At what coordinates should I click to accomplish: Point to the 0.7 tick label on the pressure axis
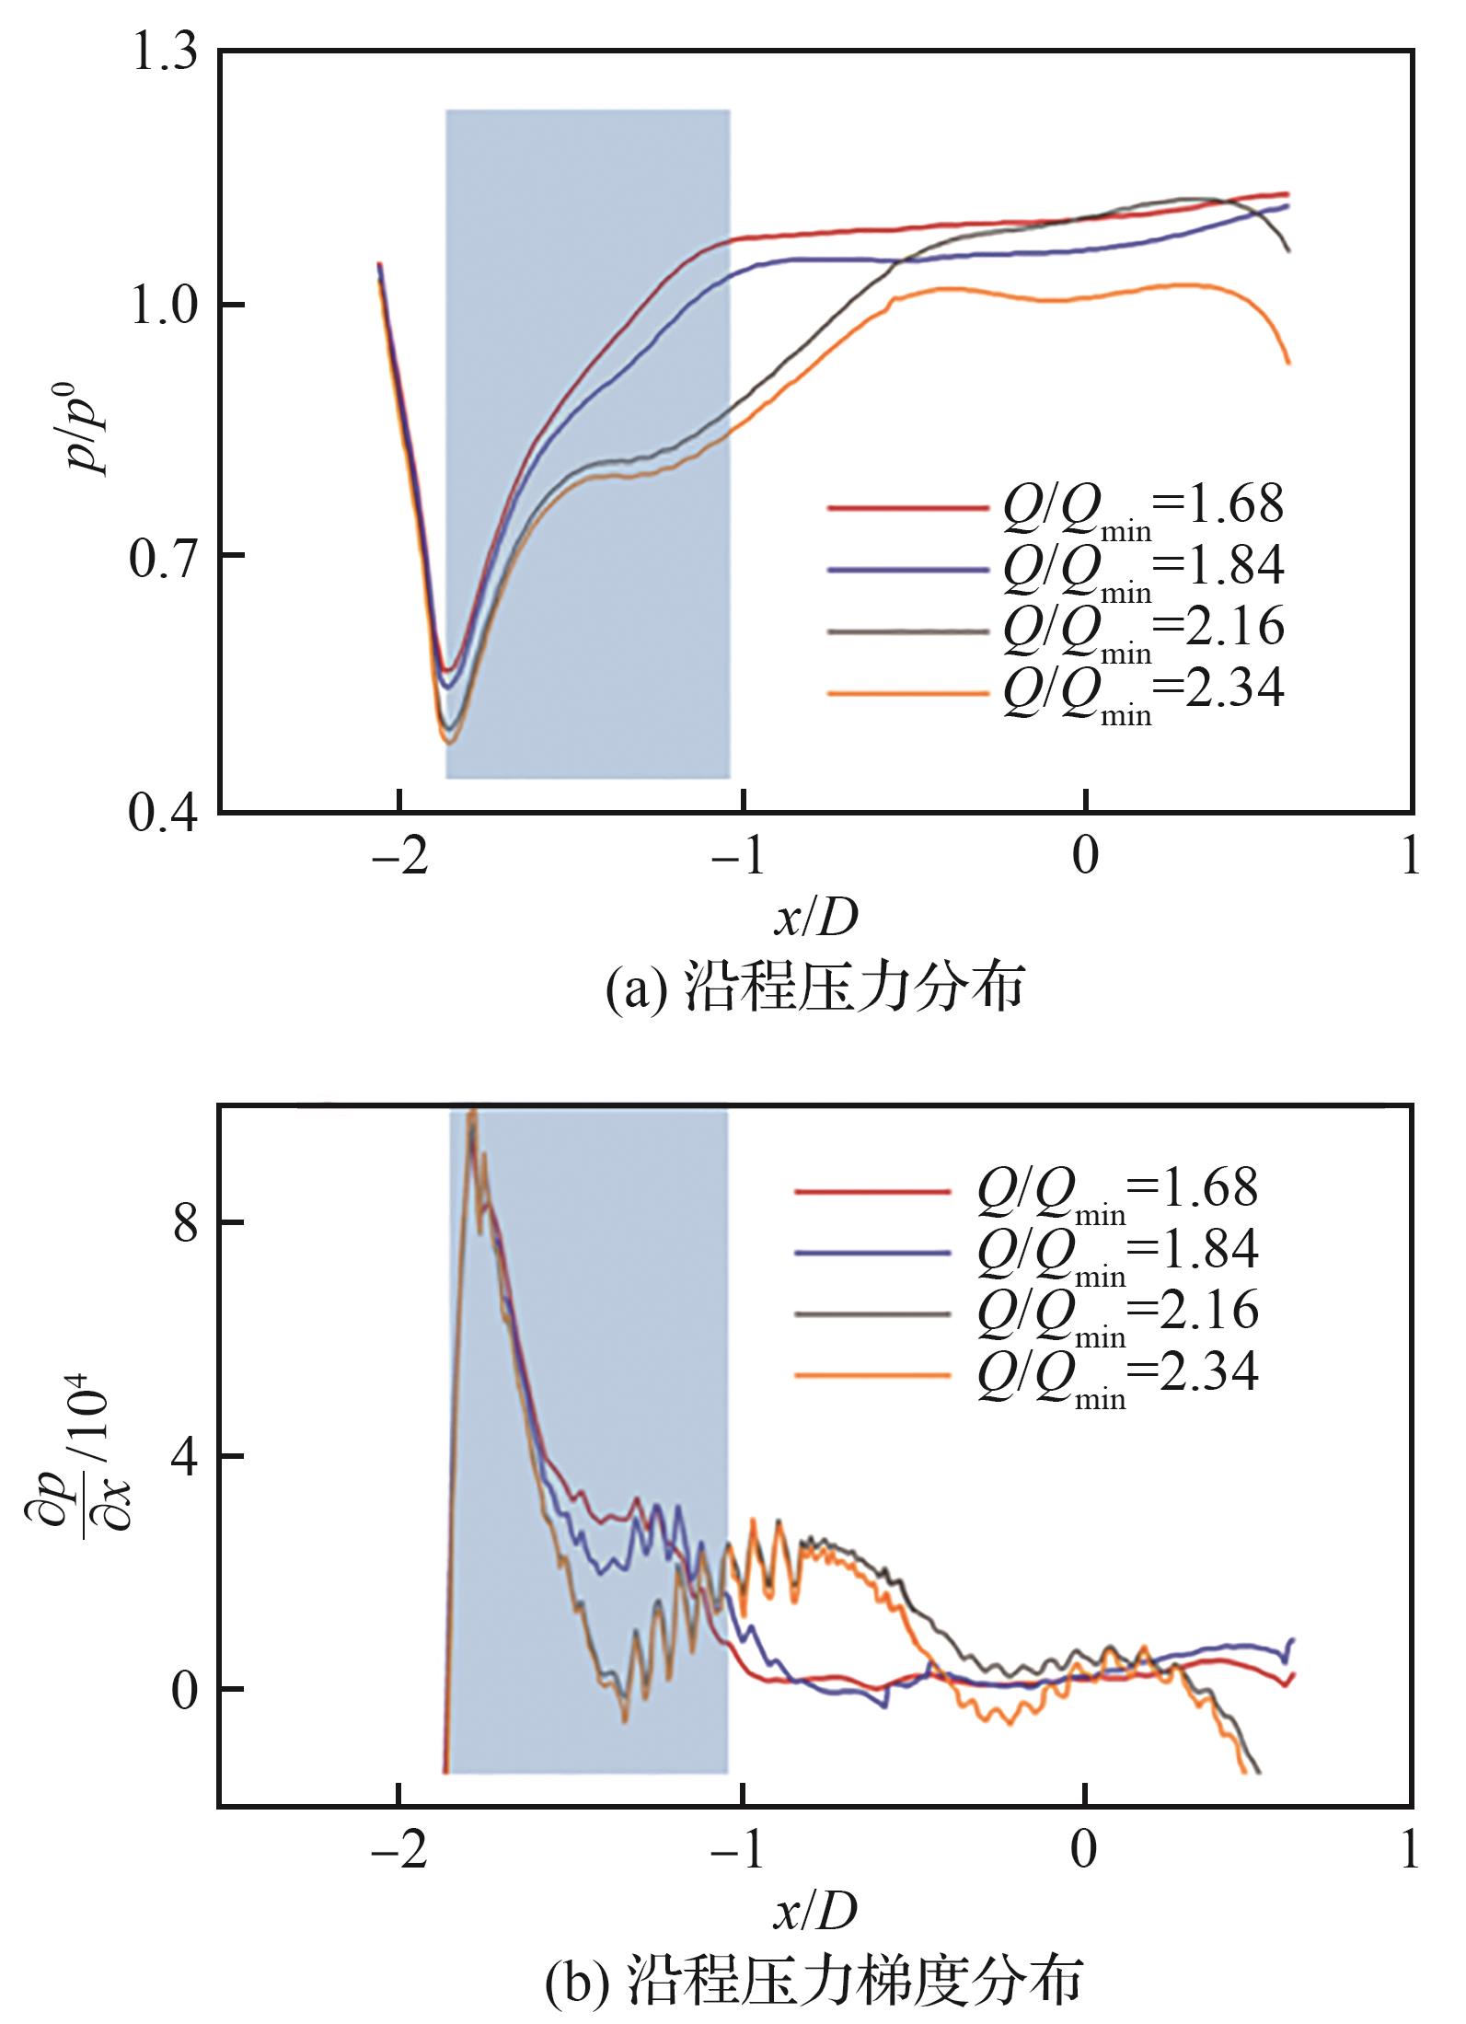165,556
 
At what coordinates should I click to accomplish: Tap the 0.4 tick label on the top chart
165,814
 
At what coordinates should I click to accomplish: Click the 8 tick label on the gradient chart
186,1223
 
